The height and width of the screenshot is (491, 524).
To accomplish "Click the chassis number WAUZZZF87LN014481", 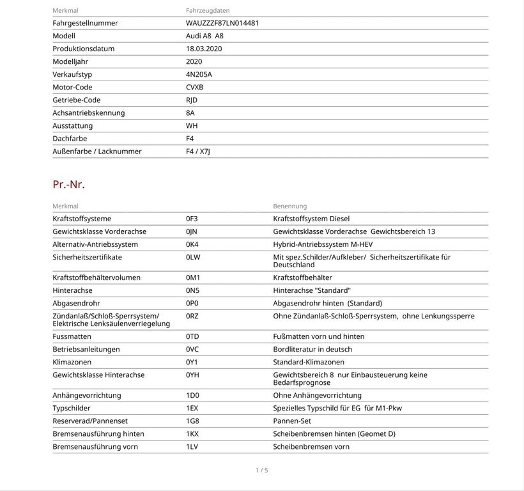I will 222,23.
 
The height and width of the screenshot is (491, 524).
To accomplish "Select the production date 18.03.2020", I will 204,49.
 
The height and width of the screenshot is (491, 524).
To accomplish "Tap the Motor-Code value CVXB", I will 194,87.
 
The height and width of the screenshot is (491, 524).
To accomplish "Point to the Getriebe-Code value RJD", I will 192,100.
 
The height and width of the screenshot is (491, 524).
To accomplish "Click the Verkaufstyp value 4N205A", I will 199,74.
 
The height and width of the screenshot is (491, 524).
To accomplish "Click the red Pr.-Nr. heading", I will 68,185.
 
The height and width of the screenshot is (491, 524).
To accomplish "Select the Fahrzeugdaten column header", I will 208,11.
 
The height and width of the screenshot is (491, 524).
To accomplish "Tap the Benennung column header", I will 289,206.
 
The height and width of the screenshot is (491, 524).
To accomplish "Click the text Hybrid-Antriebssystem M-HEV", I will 323,244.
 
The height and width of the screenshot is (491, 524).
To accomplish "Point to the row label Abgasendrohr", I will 76,303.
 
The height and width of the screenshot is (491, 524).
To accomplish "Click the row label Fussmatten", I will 72,336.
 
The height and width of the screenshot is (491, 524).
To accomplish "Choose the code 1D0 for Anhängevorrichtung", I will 193,395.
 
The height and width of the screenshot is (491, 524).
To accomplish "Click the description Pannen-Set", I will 292,421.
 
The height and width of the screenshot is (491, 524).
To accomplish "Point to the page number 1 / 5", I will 262,471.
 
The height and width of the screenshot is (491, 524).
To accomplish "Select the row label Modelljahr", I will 70,61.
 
